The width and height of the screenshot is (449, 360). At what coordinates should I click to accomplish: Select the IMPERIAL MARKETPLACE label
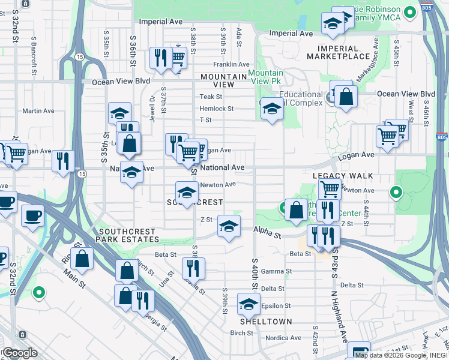point(346,52)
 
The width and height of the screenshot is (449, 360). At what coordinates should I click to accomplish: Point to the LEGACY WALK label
point(343,176)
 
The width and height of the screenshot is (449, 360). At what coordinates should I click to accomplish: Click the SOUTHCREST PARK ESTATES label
point(130,235)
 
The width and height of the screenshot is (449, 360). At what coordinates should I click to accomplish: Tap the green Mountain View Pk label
point(265,76)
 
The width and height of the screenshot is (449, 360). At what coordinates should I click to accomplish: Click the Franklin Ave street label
point(231,64)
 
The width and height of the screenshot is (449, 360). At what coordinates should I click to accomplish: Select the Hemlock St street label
point(216,109)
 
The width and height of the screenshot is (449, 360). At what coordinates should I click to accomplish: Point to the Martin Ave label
point(38,111)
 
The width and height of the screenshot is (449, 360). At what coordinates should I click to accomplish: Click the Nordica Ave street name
point(283,338)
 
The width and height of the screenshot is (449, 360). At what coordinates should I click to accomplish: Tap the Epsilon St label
point(276,305)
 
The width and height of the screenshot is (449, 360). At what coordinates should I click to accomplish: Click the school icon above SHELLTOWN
point(249,304)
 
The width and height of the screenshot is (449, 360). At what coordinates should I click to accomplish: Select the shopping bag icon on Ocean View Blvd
point(346,97)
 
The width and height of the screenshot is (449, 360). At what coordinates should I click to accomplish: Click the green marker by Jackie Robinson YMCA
point(410,12)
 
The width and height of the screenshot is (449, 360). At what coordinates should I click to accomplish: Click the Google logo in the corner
point(20,353)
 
